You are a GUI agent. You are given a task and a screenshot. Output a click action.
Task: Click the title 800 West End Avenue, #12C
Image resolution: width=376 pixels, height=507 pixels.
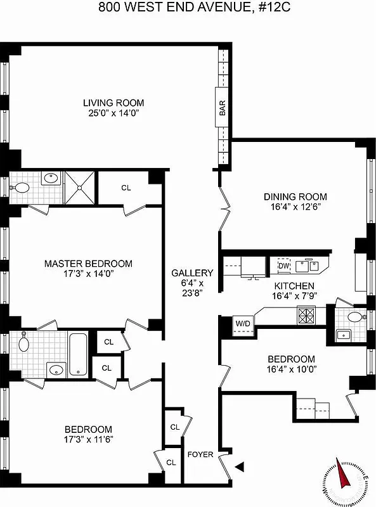tap(188, 8)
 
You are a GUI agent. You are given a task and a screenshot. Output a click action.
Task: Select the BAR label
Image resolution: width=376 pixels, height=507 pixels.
tap(223, 108)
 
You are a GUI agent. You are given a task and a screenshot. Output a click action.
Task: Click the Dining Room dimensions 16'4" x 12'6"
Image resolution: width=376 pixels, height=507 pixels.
tap(295, 207)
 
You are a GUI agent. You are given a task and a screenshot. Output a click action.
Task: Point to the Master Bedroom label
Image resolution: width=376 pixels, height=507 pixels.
tap(88, 264)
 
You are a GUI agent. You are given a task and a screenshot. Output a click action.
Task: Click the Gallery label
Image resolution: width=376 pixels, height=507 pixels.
tap(192, 273)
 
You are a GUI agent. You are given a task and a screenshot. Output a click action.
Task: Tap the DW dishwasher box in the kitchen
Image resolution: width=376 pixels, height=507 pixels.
tap(283, 266)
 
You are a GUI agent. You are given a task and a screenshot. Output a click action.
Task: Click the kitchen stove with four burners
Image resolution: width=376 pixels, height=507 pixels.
tap(307, 314)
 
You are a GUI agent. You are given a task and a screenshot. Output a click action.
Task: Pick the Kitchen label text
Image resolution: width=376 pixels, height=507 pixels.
tap(295, 286)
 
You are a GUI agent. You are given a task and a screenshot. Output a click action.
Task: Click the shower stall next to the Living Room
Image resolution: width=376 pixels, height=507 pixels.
tap(79, 187)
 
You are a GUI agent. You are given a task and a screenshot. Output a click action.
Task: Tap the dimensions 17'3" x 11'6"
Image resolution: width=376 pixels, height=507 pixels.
tap(88, 439)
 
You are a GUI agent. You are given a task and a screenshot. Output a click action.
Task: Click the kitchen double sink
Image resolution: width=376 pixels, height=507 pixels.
tap(310, 264)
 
